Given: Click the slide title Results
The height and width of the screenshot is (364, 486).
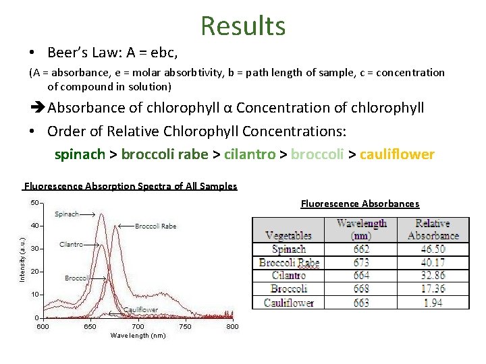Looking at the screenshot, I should [x=243, y=26].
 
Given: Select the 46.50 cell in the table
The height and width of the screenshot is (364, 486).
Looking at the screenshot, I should [x=433, y=249].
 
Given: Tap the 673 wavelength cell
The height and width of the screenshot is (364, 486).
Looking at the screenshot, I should [x=361, y=262].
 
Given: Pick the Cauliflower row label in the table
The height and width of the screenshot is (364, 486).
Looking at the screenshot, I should [x=288, y=303].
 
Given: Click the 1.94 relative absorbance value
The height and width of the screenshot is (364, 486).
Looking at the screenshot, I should [x=433, y=303].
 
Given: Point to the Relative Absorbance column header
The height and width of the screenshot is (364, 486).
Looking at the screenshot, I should [x=433, y=229].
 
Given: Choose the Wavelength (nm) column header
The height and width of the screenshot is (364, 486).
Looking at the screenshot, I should [x=361, y=229].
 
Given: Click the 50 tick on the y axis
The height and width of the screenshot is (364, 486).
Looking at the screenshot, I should [x=33, y=202].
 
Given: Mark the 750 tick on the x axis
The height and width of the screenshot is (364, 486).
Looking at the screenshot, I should [x=185, y=327].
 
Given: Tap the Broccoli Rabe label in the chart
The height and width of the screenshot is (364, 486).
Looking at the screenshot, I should [x=156, y=226].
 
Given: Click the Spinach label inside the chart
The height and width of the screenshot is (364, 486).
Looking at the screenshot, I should [x=67, y=214].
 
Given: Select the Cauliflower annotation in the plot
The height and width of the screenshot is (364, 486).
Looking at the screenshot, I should [x=140, y=310].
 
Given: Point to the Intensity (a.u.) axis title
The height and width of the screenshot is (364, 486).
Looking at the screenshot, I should [x=22, y=260].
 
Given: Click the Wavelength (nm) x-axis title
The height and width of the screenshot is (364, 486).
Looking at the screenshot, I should [x=138, y=336].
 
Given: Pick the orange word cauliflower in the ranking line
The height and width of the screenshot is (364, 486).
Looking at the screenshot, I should [x=397, y=154].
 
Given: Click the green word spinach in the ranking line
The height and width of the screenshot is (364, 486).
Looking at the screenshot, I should [x=80, y=154].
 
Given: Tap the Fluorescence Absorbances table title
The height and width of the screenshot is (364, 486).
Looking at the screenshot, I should [x=360, y=204].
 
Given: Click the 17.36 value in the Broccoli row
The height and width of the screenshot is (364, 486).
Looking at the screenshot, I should [x=433, y=289].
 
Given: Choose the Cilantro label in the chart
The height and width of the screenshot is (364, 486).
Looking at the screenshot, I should [x=71, y=244].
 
